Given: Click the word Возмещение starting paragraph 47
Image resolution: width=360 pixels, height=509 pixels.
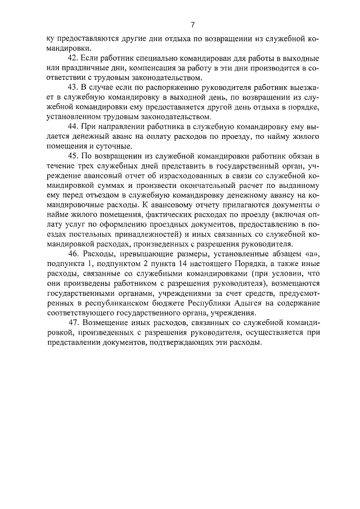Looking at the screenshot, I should pos(114,324).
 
